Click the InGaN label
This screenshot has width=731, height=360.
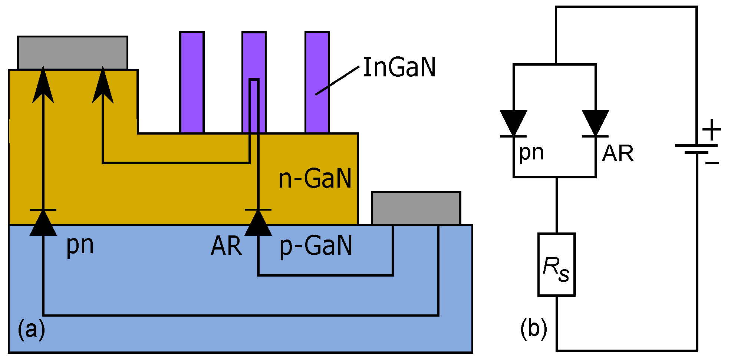point(399,67)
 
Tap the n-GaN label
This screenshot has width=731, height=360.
point(315,179)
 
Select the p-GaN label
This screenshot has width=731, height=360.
point(316,246)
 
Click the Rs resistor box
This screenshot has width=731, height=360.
point(556,265)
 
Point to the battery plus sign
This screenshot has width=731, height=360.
point(711,130)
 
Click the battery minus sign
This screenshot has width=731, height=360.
point(712,163)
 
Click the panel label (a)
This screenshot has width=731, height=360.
point(32,329)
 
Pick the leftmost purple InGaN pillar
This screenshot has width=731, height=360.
point(192,82)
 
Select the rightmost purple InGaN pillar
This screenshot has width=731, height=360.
point(317,82)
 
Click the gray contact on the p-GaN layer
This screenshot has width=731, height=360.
point(416,208)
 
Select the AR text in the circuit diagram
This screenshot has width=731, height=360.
point(618,153)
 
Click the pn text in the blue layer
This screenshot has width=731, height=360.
point(80,245)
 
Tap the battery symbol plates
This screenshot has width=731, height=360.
point(696,149)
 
